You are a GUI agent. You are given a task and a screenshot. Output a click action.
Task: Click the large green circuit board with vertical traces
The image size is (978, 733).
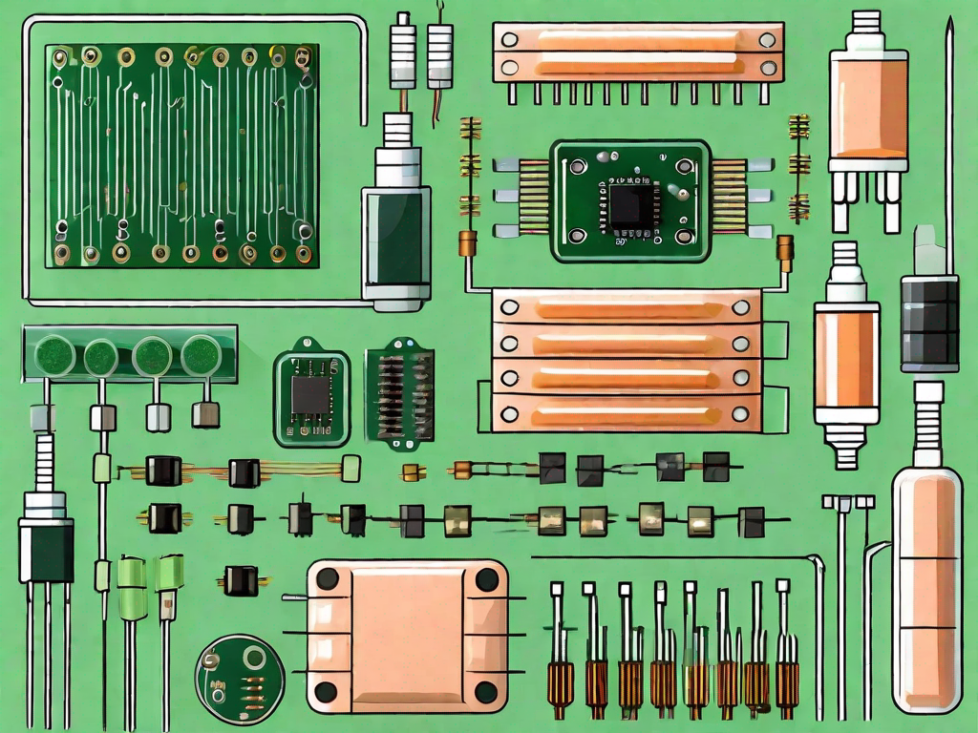click(181, 153)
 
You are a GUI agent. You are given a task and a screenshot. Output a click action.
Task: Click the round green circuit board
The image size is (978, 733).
click(240, 679)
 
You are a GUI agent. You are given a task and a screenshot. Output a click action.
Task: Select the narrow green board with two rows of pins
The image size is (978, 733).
click(399, 392)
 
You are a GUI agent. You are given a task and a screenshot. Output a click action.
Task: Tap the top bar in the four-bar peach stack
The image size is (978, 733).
click(627, 308)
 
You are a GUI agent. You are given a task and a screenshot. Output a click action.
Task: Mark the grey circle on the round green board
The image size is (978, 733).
click(254, 658)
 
